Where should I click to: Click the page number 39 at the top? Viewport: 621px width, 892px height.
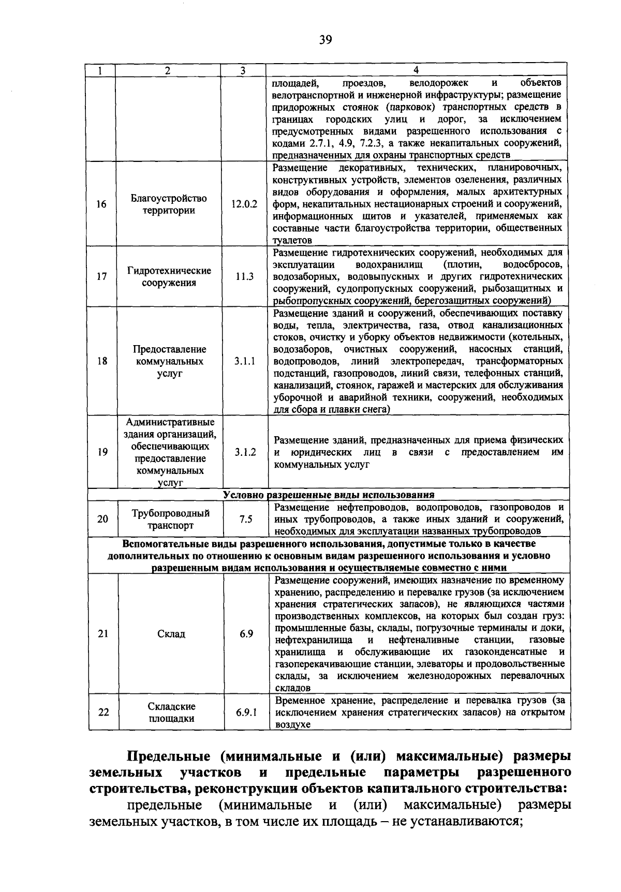[326, 40]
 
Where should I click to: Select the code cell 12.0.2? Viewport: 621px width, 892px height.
[244, 204]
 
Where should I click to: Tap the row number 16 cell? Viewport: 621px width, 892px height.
[101, 204]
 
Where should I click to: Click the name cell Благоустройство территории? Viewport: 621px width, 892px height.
[169, 204]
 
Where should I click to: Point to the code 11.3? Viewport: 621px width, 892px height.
[244, 277]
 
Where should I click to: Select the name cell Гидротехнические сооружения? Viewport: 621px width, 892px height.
[169, 277]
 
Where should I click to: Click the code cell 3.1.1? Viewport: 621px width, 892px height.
[244, 361]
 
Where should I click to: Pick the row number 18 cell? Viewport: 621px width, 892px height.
[102, 361]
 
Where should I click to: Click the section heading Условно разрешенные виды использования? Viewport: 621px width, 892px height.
[329, 495]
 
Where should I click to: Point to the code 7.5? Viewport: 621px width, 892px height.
[246, 519]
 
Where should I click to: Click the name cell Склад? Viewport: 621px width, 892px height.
[171, 634]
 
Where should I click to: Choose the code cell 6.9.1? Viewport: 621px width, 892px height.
[246, 712]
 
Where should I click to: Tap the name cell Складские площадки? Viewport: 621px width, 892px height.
[171, 712]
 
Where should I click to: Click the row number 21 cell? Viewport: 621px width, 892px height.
[103, 634]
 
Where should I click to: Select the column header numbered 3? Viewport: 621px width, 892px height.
[242, 71]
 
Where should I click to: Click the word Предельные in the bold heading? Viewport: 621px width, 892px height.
[168, 756]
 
